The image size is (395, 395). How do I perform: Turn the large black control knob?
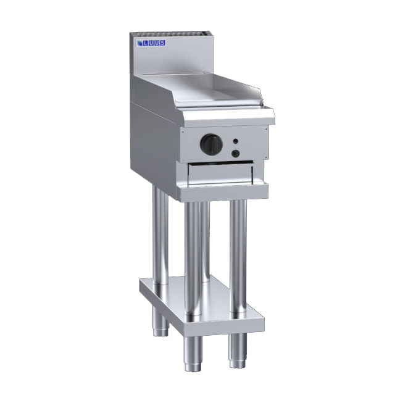point(210,144)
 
